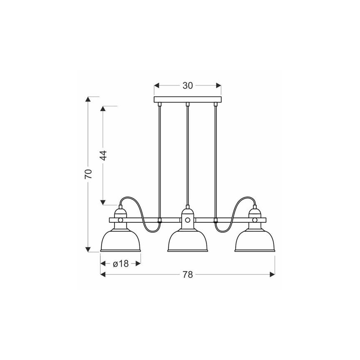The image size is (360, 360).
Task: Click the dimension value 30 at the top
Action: tap(187, 85)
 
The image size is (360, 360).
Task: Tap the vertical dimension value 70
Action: tap(88, 174)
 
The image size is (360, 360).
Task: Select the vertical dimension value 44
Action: tap(104, 155)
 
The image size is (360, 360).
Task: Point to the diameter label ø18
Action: tap(121, 264)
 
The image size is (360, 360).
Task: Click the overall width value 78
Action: tap(187, 274)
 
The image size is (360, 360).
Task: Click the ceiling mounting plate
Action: tap(187, 100)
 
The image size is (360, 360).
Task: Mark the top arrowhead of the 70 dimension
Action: tap(88, 100)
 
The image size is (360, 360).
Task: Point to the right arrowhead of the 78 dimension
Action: tap(272, 274)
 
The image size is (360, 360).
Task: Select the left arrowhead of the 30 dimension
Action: tap(157, 85)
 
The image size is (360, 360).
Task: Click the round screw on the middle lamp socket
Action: tap(187, 220)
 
